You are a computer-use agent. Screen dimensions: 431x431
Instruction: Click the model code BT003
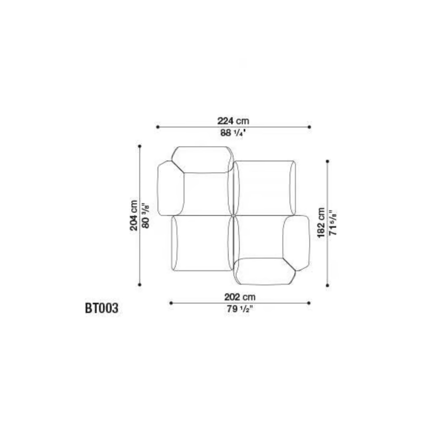pyautogui.click(x=101, y=308)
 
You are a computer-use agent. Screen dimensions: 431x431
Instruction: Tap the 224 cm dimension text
pyautogui.click(x=233, y=121)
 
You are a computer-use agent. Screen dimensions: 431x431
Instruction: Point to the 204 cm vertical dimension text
pyautogui.click(x=134, y=215)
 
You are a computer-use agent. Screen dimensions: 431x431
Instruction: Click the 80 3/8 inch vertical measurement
pyautogui.click(x=146, y=216)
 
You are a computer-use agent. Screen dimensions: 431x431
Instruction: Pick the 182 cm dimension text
pyautogui.click(x=321, y=223)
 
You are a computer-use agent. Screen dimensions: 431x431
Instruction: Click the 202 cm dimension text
pyautogui.click(x=240, y=297)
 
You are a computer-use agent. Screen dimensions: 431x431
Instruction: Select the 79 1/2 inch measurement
pyautogui.click(x=240, y=309)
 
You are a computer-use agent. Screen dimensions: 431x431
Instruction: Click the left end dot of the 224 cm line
pyautogui.click(x=158, y=127)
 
